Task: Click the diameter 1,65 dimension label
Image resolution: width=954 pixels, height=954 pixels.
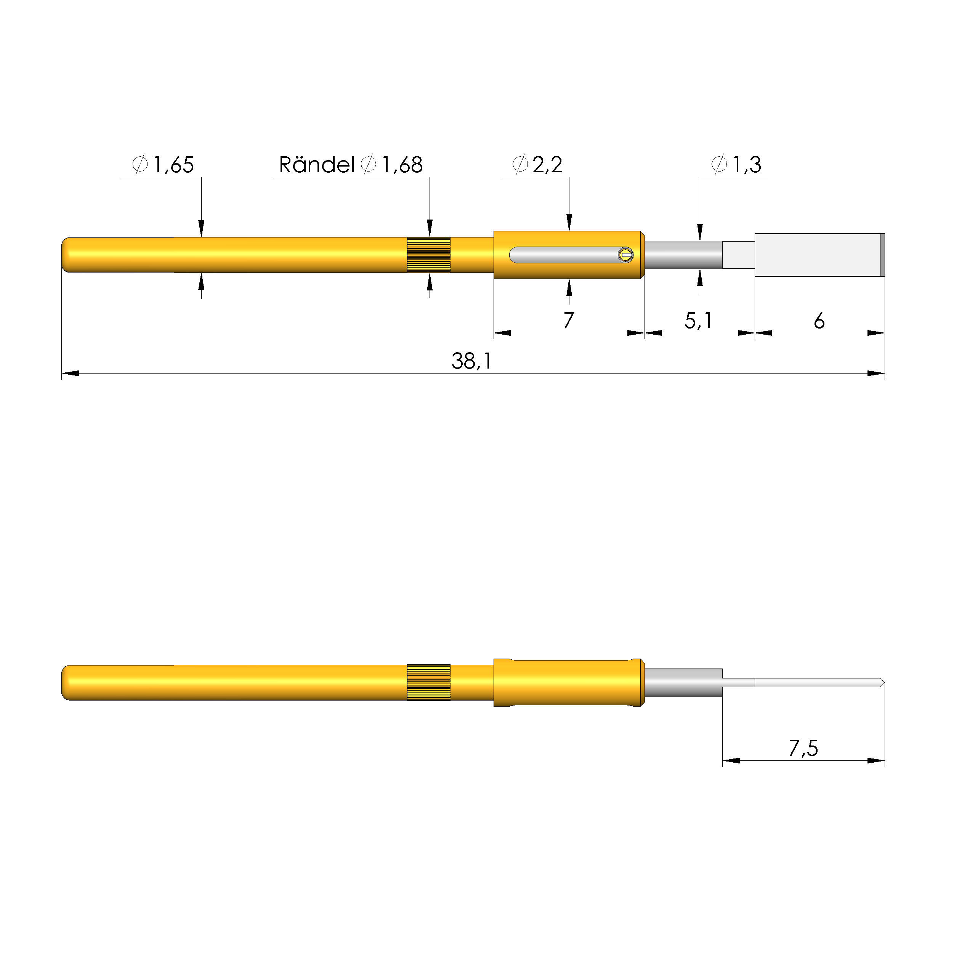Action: coord(164,164)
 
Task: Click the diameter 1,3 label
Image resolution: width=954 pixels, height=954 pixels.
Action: coord(737,164)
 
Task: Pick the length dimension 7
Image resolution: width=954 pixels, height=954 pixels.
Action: coord(569,321)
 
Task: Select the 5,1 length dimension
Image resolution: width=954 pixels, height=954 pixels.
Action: coord(698,321)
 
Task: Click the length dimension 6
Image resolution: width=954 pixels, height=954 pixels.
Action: coord(819,321)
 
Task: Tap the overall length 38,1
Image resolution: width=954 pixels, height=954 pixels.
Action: coord(471,361)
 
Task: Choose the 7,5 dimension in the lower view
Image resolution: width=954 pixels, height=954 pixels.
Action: coord(803,749)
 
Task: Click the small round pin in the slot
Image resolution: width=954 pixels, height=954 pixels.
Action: coord(625,255)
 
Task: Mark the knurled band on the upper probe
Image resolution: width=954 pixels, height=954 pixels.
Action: coord(429,255)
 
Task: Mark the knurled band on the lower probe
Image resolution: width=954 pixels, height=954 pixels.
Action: coord(429,682)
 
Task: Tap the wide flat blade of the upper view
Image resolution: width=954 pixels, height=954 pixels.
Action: coord(817,255)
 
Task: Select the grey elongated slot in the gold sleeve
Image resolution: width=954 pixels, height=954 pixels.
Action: coord(563,255)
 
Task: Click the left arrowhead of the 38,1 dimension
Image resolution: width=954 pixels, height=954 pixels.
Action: coord(70,373)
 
